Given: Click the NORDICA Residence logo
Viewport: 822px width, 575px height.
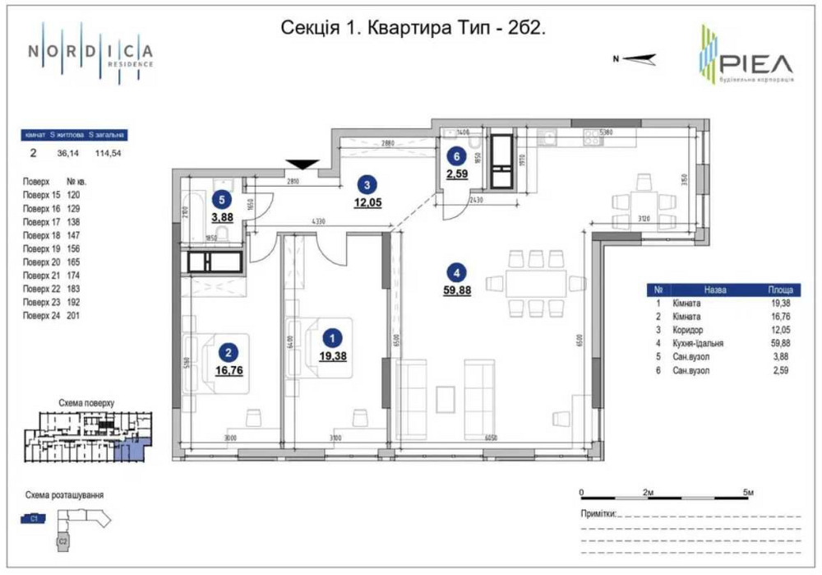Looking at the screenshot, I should [x=90, y=52].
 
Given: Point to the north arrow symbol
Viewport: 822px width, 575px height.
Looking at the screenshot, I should [x=635, y=58].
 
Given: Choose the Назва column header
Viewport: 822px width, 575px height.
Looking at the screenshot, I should [x=714, y=290].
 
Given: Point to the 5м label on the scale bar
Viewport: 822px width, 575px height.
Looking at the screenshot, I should [x=748, y=492].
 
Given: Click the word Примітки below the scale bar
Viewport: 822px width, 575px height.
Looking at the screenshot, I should [x=598, y=512].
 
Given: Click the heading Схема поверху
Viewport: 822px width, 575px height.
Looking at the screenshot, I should [x=86, y=404].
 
